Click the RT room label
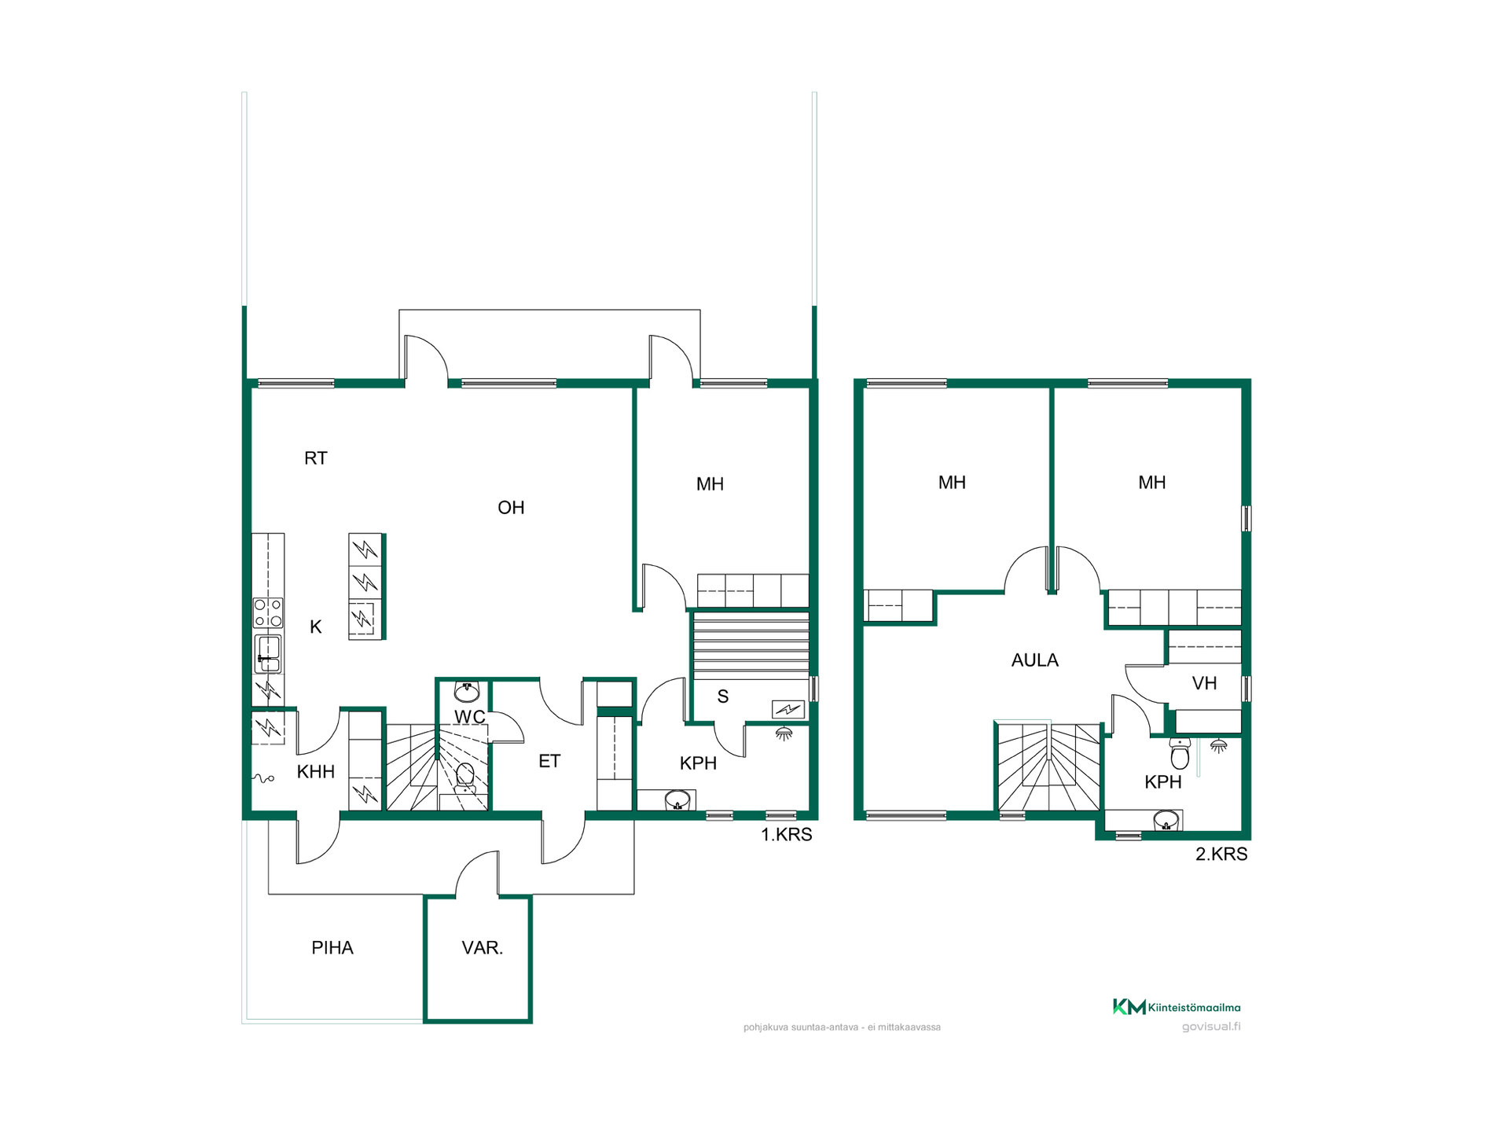(315, 458)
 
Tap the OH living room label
(511, 508)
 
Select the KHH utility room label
(316, 772)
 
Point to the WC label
(470, 717)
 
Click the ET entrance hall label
(549, 761)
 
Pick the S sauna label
(723, 696)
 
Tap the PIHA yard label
(332, 948)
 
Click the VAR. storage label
(483, 948)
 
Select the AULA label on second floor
(1035, 660)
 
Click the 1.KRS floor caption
(787, 835)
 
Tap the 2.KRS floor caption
(1221, 855)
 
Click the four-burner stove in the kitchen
(268, 612)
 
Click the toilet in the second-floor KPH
(1180, 753)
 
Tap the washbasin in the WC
(467, 692)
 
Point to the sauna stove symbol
(788, 709)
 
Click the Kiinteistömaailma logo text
(1194, 1007)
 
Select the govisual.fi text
(1211, 1026)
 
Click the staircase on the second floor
(1048, 766)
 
